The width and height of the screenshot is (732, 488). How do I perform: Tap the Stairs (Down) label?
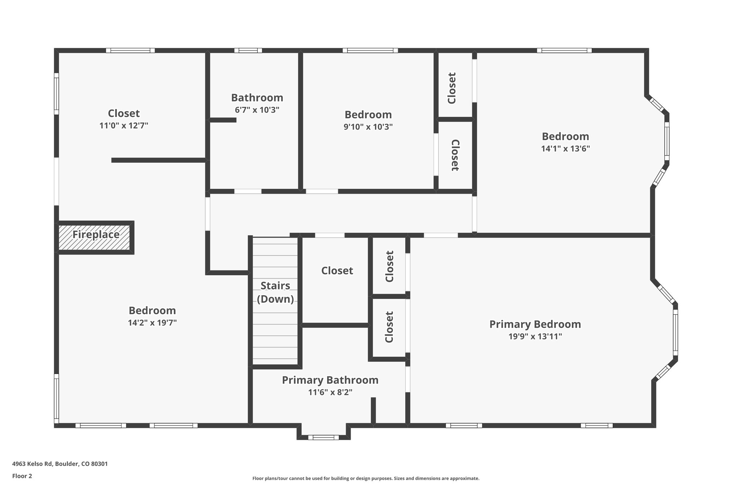tap(275, 292)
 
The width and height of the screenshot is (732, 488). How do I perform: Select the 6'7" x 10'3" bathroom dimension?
tap(257, 110)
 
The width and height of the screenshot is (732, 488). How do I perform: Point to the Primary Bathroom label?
tap(330, 380)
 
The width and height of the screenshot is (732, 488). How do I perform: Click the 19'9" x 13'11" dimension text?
tap(535, 336)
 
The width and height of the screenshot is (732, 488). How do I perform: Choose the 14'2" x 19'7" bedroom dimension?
tap(152, 323)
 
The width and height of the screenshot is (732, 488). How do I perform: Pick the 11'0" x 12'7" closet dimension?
tap(124, 125)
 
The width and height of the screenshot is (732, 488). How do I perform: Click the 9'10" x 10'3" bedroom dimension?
tap(368, 127)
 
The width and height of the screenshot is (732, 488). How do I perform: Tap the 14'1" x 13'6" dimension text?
tap(565, 149)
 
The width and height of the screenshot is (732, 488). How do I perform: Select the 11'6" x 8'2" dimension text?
tap(330, 392)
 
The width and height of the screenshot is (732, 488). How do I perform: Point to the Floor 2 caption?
tap(22, 476)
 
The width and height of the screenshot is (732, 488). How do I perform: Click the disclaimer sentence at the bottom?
tap(366, 478)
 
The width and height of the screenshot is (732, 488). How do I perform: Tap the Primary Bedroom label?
tap(535, 324)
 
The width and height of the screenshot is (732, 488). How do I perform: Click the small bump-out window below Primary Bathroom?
tap(323, 437)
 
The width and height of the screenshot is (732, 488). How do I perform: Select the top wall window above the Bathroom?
tap(248, 50)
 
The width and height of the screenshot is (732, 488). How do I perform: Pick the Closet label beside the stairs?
tap(337, 271)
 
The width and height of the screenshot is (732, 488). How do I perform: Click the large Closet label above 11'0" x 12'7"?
tap(124, 113)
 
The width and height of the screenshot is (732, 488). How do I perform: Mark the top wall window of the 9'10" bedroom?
tap(370, 50)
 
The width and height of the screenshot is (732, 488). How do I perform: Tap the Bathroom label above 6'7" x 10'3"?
tap(257, 98)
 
